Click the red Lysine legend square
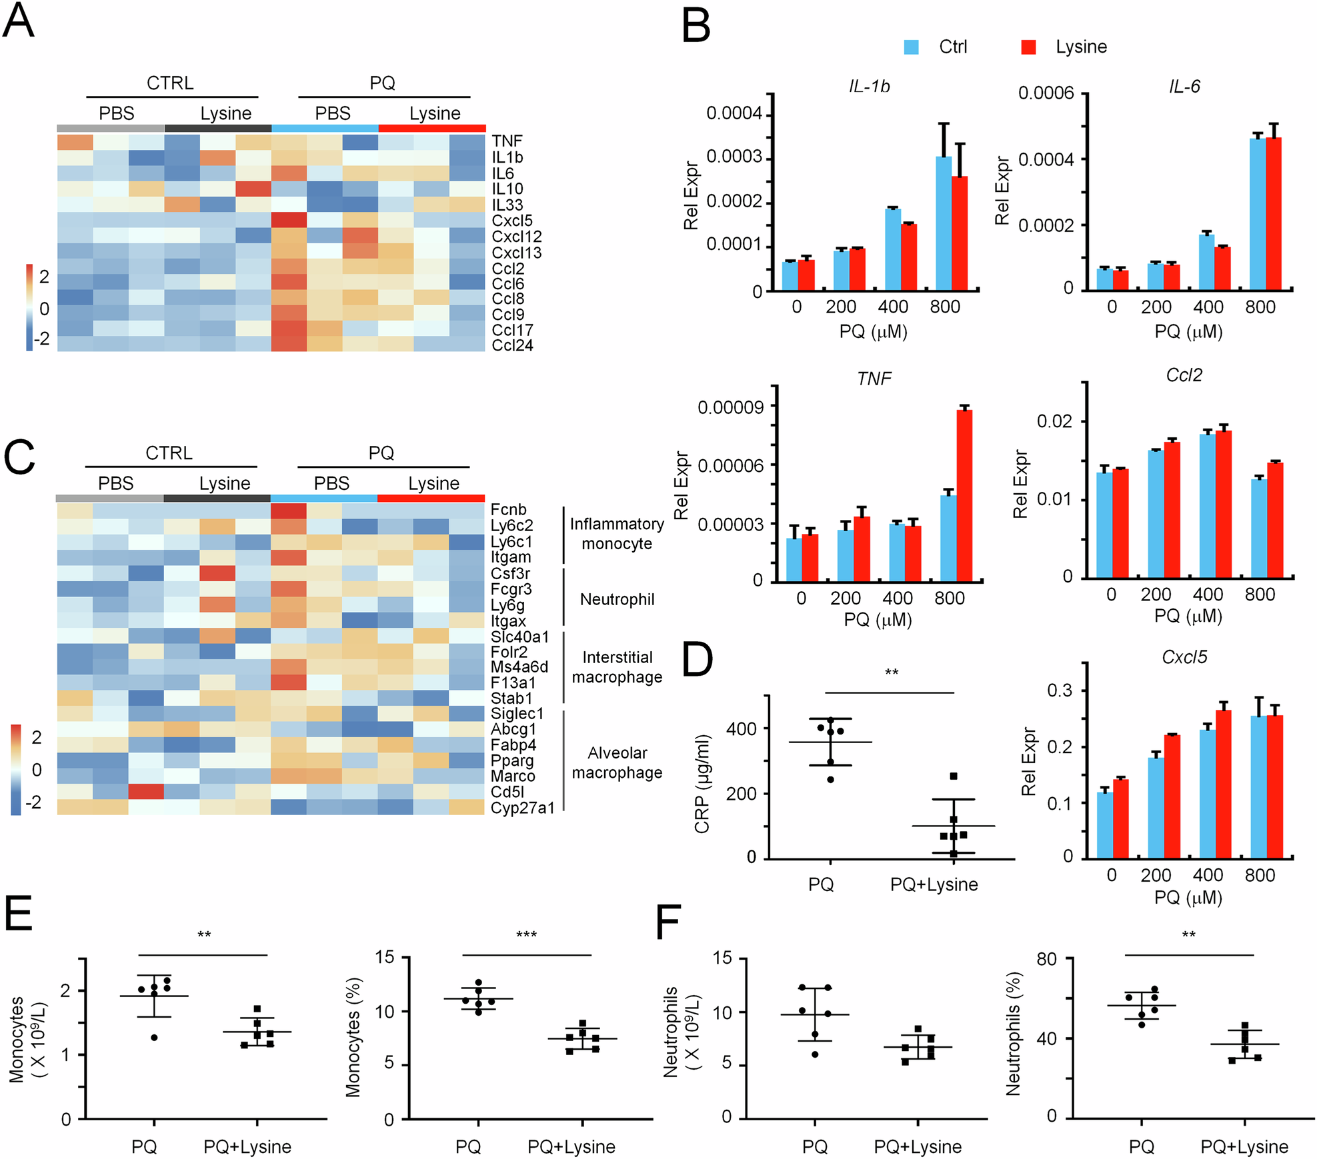point(1028,47)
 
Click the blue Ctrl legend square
point(911,47)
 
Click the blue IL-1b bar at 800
point(944,223)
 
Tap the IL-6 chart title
point(1184,87)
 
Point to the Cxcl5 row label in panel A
point(512,221)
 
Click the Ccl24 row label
point(512,345)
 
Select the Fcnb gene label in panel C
point(508,510)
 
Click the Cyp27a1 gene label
point(522,808)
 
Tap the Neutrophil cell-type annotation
point(617,599)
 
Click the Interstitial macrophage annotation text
point(617,667)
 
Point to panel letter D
point(698,660)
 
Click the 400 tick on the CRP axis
point(741,729)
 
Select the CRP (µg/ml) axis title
point(702,784)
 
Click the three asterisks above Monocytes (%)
point(526,935)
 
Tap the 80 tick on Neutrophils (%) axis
point(1046,960)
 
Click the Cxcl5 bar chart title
point(1184,657)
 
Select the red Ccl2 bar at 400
point(1223,504)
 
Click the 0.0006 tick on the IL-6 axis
point(1046,93)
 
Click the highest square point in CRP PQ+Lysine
point(954,776)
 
